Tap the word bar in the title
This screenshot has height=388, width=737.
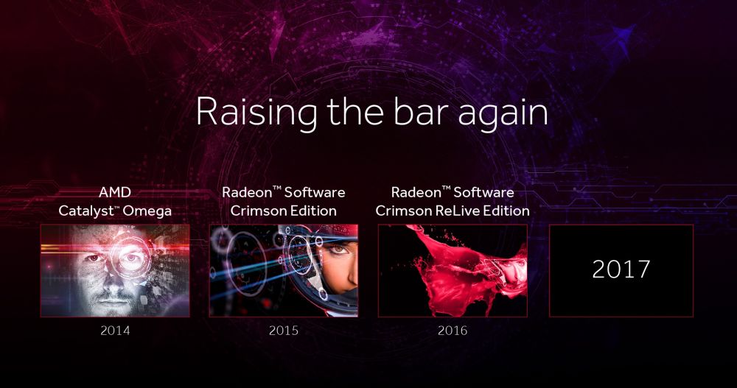pos(423,112)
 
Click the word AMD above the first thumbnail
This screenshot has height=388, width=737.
pos(115,192)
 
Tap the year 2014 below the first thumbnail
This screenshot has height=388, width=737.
pos(115,331)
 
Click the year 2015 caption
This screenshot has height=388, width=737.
pos(284,331)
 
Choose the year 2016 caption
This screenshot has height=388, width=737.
pos(453,331)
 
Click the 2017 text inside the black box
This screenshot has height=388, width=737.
pos(621,269)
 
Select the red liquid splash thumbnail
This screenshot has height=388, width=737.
pos(453,270)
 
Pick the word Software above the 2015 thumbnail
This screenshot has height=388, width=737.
pos(315,192)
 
